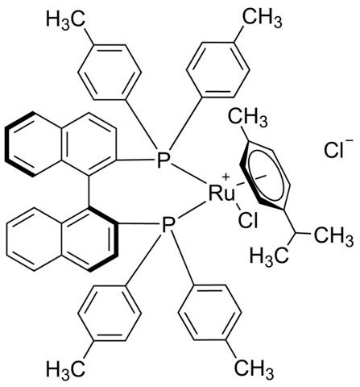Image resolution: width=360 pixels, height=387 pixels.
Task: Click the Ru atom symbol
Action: coord(221,193)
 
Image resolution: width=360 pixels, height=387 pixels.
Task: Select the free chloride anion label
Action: coord(335,150)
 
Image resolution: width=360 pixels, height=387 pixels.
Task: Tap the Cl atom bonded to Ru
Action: coord(248,221)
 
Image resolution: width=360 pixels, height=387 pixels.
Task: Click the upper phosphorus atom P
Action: coord(163,160)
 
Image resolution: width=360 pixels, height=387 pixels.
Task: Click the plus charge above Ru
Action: coord(226,177)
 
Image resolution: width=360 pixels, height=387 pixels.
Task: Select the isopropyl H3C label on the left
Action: coord(270,257)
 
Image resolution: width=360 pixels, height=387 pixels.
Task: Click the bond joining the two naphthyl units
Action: coord(89,192)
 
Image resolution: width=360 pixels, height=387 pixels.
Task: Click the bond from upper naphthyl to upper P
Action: coord(136,160)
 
